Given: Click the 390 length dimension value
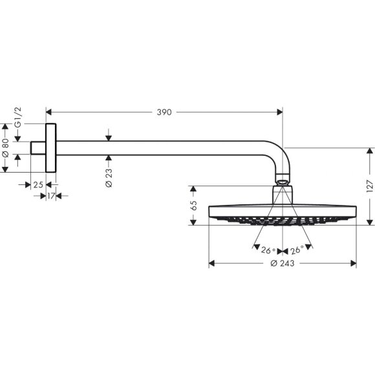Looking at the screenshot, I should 164,112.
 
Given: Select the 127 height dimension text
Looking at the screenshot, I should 369,186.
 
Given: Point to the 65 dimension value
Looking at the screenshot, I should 193,206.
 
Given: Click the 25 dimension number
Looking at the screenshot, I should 37,185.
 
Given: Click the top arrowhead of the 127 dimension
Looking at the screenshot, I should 369,151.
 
